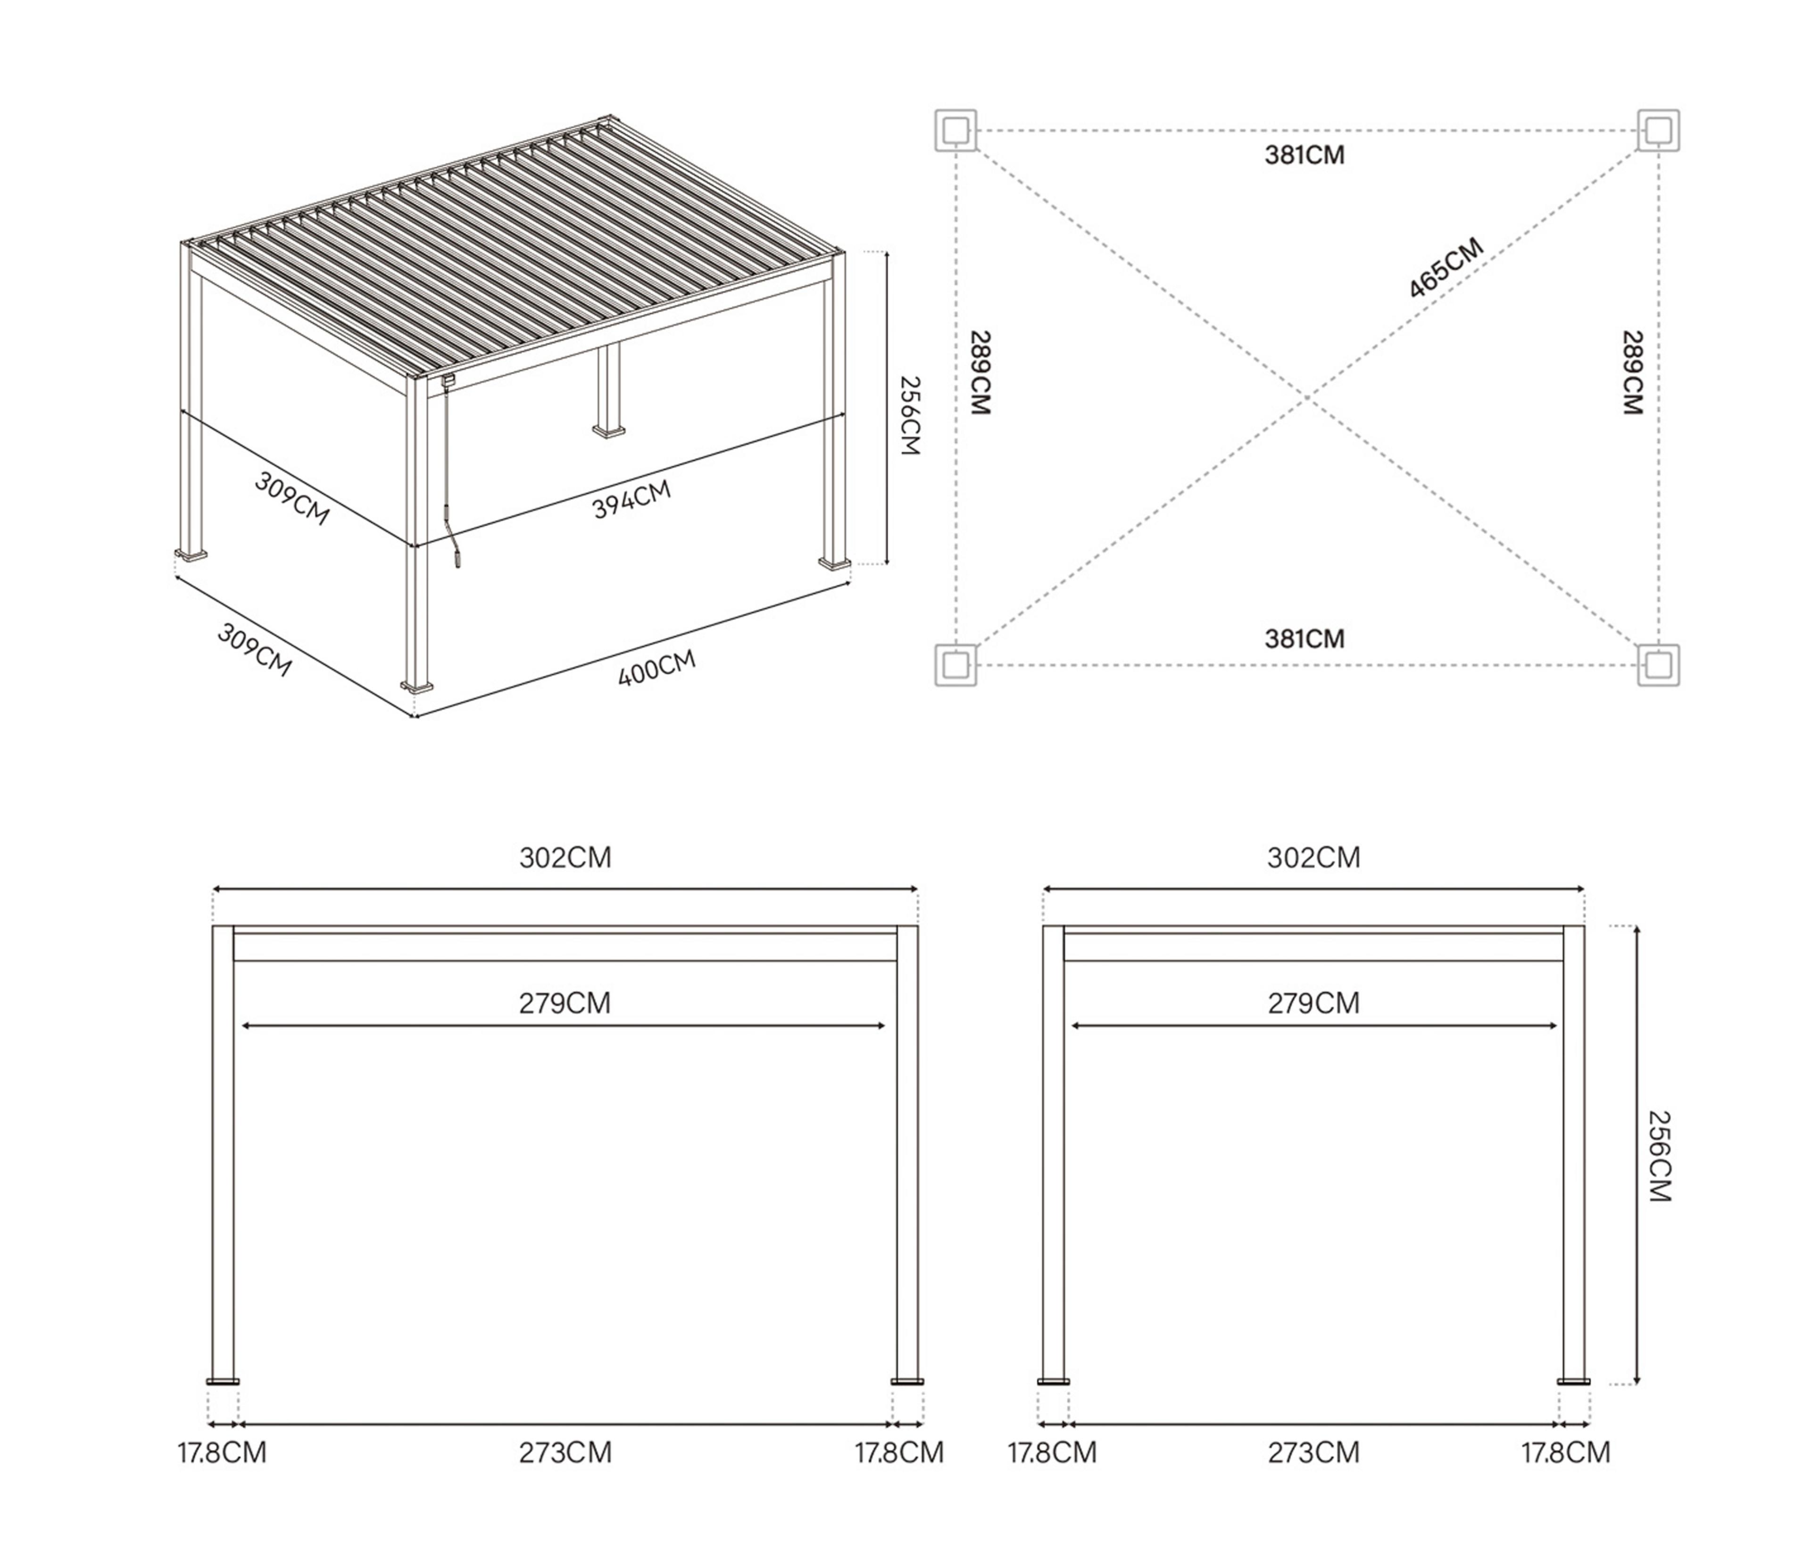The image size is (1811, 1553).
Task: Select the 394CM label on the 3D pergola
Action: click(631, 499)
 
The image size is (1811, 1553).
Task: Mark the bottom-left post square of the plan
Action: click(955, 664)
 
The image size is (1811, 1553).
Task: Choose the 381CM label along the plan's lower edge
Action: click(1304, 639)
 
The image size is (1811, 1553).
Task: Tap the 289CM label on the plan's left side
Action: click(980, 372)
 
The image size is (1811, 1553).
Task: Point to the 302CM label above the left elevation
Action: click(565, 858)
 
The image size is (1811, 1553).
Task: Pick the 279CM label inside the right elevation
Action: click(1313, 1003)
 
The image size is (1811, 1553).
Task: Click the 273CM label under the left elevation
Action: click(565, 1452)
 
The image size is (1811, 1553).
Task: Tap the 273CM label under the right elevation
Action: click(1313, 1452)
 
